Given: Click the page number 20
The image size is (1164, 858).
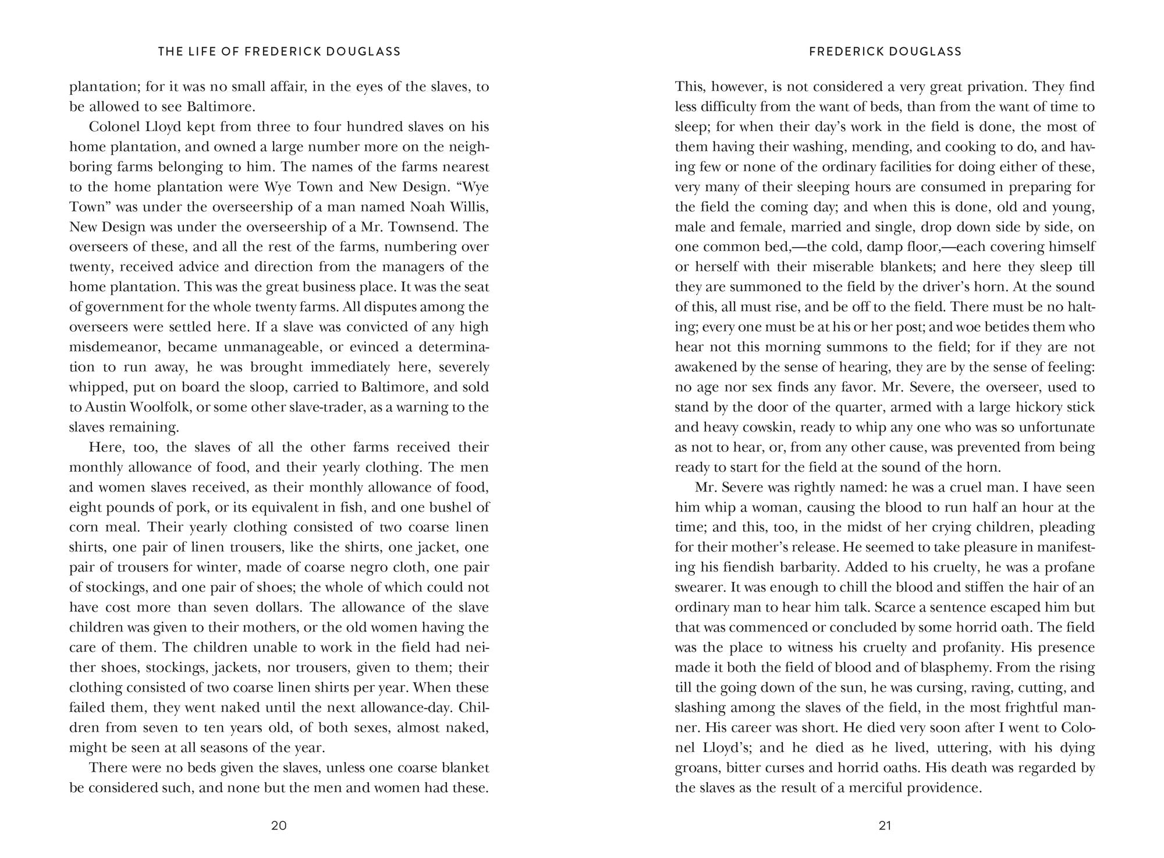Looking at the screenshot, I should tap(279, 825).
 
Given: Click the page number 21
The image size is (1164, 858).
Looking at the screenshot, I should tap(885, 825).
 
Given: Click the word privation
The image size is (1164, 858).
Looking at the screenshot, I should tap(985, 87).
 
